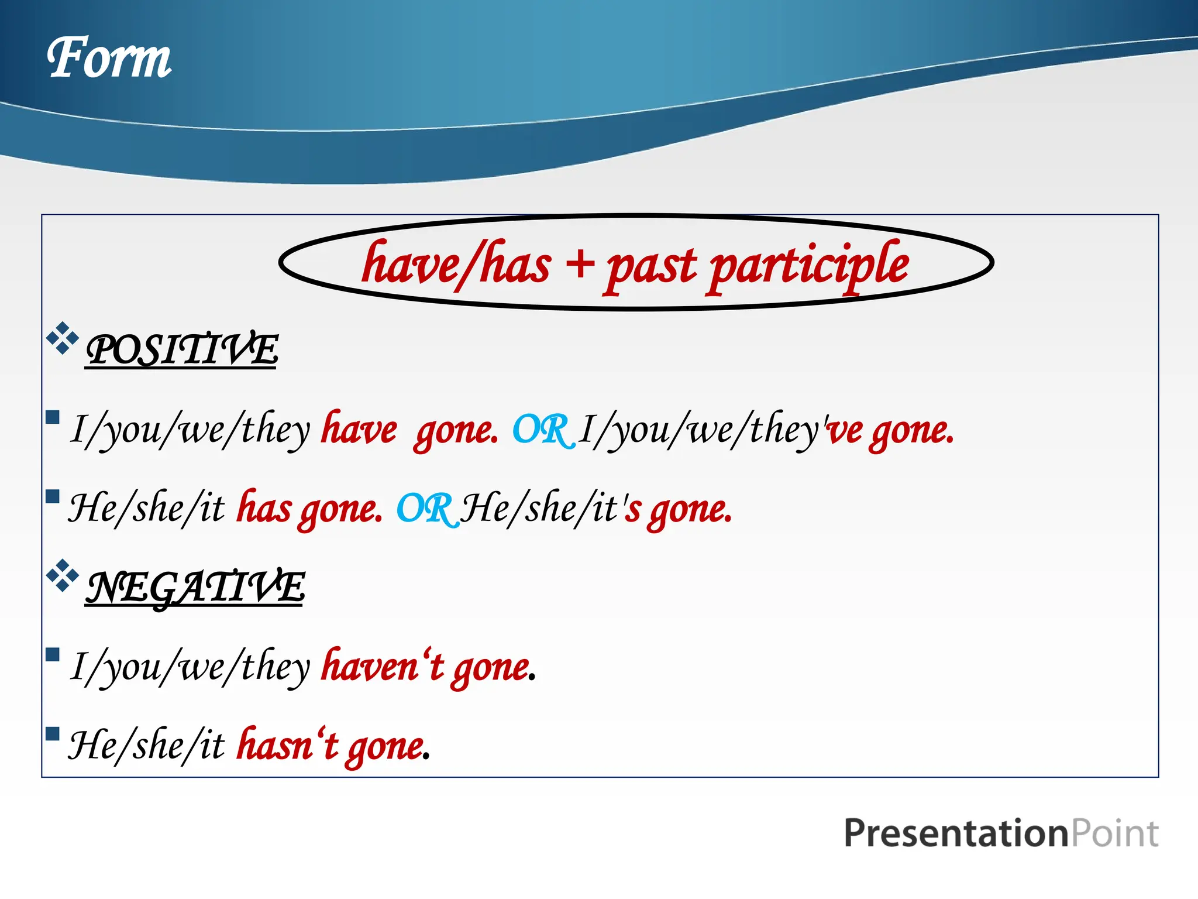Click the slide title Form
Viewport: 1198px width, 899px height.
109,58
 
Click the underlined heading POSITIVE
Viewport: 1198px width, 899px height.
181,349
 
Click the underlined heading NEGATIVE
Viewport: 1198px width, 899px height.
195,586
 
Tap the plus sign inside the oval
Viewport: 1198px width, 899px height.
580,264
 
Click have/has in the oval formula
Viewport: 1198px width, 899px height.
456,265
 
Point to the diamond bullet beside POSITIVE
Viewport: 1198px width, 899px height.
62,338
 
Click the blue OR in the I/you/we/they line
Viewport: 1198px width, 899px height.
541,430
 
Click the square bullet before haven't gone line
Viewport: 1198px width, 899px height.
53,654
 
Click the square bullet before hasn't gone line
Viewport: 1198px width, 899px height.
53,733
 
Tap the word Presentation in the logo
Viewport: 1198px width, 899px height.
955,833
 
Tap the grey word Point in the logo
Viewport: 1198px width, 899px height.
1114,833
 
